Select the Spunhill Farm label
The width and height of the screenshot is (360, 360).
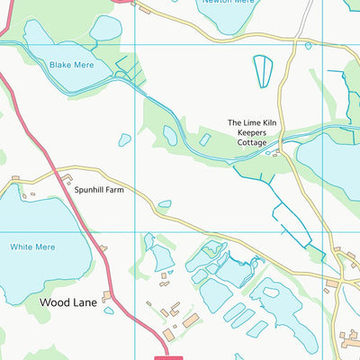click(x=99, y=191)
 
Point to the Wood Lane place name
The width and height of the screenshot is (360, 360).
click(x=68, y=303)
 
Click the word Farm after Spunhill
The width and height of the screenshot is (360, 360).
click(x=114, y=191)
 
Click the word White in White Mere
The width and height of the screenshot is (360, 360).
click(x=21, y=246)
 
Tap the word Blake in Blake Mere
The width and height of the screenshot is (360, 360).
click(x=59, y=65)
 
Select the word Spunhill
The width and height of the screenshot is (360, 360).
click(x=90, y=191)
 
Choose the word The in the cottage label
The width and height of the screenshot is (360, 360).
click(x=234, y=122)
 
